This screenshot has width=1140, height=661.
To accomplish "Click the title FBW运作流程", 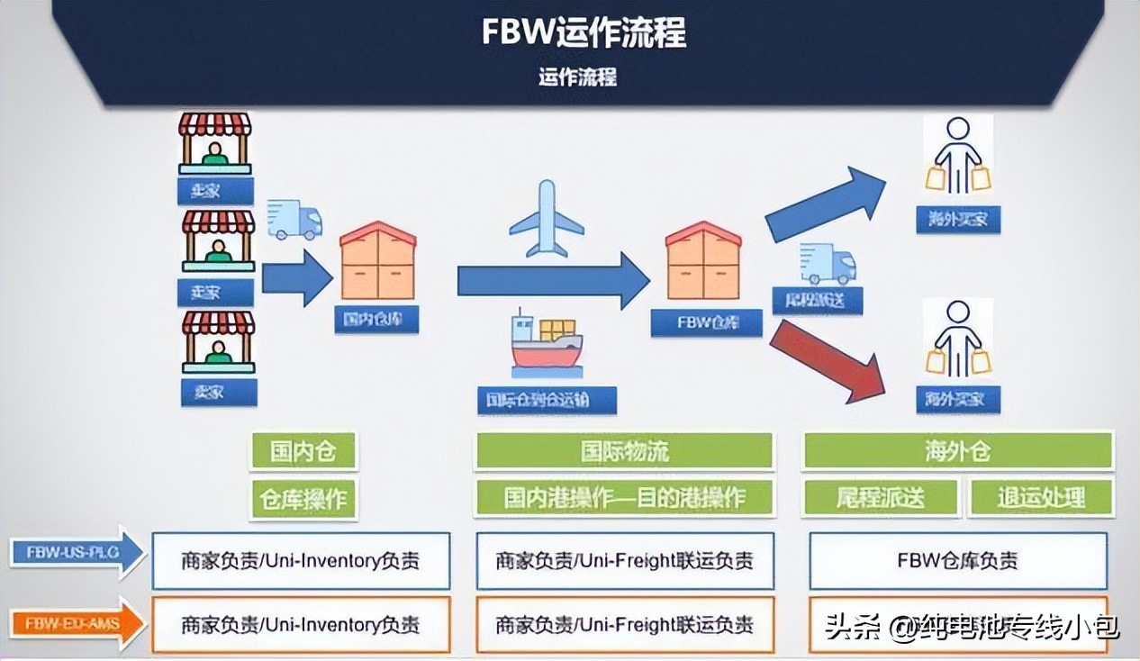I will [584, 33].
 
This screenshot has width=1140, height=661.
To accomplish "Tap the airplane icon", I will [547, 218].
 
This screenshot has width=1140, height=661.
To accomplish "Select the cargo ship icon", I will [546, 344].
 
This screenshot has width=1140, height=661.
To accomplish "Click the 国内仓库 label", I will [376, 319].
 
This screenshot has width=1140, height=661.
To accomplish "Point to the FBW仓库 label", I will [707, 322].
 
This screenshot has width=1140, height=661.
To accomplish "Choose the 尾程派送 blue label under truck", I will [817, 301].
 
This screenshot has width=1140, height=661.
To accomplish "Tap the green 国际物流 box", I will [624, 451].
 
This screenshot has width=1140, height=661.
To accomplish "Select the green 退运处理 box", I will [1040, 498].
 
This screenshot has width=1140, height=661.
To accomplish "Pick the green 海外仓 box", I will [957, 451].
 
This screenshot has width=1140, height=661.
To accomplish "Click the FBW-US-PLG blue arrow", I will [77, 552].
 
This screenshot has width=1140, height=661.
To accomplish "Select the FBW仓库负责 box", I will [957, 560].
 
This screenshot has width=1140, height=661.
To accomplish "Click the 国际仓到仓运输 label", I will [547, 400].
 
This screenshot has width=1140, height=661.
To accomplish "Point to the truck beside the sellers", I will [294, 221].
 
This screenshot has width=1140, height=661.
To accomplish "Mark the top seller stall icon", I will [215, 142].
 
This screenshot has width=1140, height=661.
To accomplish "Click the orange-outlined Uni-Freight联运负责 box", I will [624, 624].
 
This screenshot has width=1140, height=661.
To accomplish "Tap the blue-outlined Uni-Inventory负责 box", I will [301, 560].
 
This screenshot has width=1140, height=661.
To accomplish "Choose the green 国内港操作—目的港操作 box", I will [624, 498].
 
